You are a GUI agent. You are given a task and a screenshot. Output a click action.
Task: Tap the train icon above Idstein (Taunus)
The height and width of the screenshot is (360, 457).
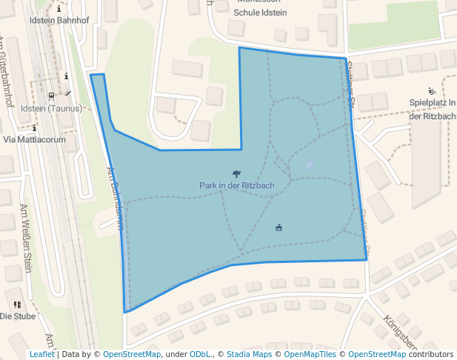pyautogui.click(x=51, y=96)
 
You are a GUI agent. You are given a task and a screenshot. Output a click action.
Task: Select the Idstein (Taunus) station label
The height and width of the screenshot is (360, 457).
pyautogui.click(x=52, y=108)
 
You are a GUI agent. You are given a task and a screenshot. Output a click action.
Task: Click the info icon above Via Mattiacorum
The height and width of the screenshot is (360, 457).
pyautogui.click(x=35, y=127)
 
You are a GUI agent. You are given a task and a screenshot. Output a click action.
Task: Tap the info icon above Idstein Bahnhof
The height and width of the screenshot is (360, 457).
pyautogui.click(x=59, y=9)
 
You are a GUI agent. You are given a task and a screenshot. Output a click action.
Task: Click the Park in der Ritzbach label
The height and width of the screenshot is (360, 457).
pyautogui.click(x=237, y=185)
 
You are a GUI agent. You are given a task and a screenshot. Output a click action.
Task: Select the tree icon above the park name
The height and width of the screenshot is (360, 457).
pyautogui.click(x=236, y=174)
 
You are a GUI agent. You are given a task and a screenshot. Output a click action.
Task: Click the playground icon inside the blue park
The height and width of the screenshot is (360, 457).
pyautogui.click(x=279, y=227)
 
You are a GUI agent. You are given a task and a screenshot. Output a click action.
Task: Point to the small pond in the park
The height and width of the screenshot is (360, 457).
pyautogui.click(x=309, y=166)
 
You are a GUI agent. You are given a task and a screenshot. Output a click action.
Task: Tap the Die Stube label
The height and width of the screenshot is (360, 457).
pyautogui.click(x=18, y=316)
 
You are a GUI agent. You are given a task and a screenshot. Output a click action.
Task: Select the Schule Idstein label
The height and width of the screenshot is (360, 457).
pyautogui.click(x=260, y=13)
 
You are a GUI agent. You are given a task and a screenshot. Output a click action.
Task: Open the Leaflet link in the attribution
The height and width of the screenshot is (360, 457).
pyautogui.click(x=42, y=355)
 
